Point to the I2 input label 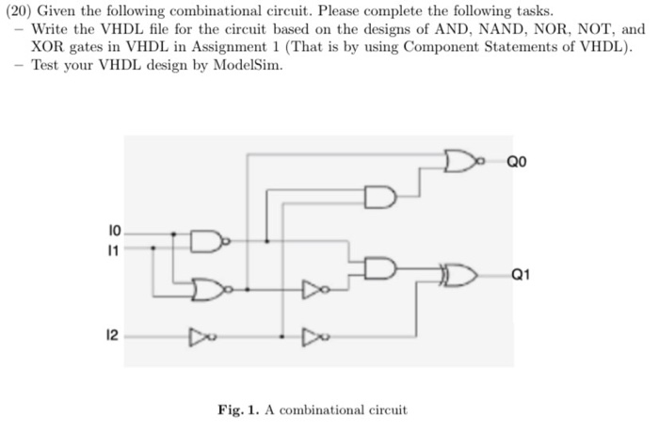pyautogui.click(x=113, y=333)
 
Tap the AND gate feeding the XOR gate pyautogui.click(x=379, y=267)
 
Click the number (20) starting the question pyautogui.click(x=19, y=10)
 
